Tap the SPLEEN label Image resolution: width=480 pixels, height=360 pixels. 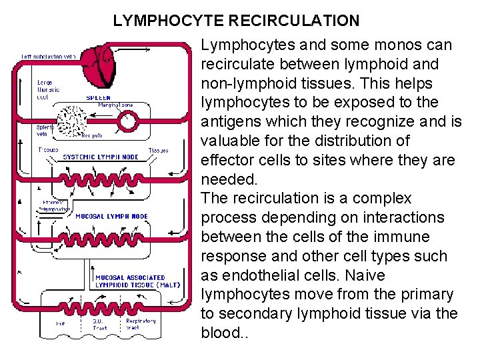98,97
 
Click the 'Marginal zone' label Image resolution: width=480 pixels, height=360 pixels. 115,105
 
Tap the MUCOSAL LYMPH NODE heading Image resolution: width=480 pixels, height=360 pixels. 111,216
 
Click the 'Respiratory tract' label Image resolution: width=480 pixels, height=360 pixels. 141,324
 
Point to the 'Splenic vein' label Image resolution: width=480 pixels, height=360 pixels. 45,129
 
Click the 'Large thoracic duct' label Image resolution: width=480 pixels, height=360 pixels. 49,89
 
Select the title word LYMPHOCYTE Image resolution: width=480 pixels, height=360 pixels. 169,21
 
